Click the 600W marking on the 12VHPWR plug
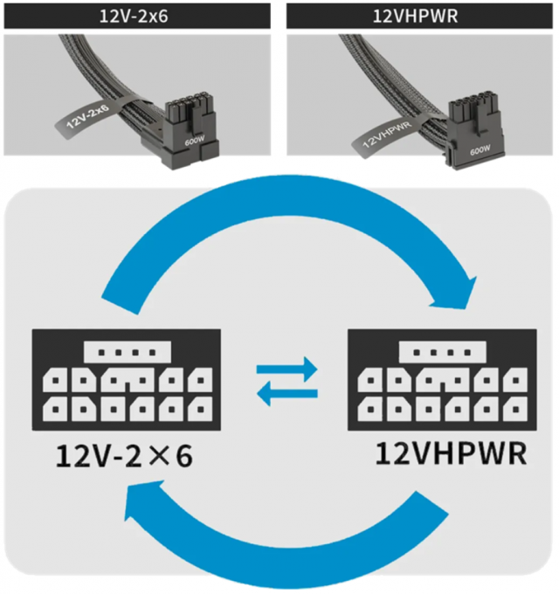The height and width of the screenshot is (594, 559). (x=479, y=149)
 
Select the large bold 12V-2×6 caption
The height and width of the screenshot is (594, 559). (x=125, y=456)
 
